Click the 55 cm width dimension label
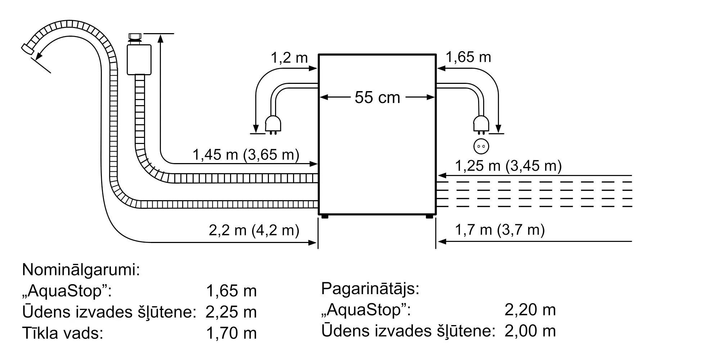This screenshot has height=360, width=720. coord(377,98)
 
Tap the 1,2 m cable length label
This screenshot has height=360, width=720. coord(289,58)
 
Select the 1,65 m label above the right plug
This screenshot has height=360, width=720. coord(468,57)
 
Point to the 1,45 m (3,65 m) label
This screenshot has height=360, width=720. coord(246,155)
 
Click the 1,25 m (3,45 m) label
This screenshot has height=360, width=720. coord(508,166)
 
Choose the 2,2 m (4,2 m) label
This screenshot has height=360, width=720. coord(254,230)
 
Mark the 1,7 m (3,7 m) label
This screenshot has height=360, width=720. coord(500,230)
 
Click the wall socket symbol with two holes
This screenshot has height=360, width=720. coord(481,146)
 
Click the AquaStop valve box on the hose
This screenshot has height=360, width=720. coord(139,59)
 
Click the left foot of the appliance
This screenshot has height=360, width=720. coord(324,216)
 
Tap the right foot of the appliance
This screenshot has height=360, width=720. coord(429,216)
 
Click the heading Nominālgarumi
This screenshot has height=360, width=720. coord(81,270)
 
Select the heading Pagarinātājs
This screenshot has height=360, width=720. coord(370,289)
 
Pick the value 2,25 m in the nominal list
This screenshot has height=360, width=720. coord(231,312)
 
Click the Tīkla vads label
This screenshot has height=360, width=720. coord(63,333)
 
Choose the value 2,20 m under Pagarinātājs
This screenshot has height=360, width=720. coord(530,310)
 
